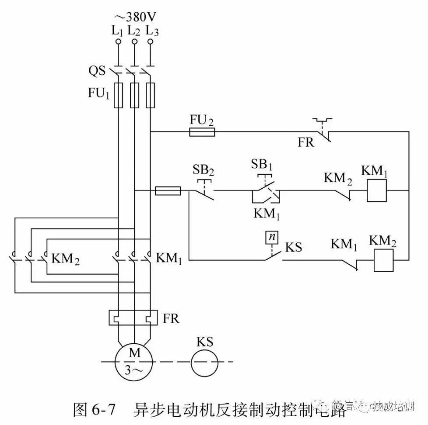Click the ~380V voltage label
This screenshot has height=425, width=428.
pyautogui.click(x=135, y=17)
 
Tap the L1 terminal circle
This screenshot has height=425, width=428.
pyautogui.click(x=118, y=42)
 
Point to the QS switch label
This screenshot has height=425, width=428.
pyautogui.click(x=97, y=70)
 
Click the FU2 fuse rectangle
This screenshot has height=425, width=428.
pyautogui.click(x=202, y=132)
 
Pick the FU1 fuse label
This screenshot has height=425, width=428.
pyautogui.click(x=99, y=94)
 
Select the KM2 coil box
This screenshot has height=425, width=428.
pyautogui.click(x=384, y=260)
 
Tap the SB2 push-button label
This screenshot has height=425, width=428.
pyautogui.click(x=202, y=170)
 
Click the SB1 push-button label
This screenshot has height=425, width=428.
pyautogui.click(x=262, y=165)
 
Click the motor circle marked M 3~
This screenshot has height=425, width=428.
pyautogui.click(x=133, y=361)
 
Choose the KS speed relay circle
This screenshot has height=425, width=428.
pyautogui.click(x=204, y=362)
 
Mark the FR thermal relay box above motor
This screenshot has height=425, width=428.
pyautogui.click(x=133, y=318)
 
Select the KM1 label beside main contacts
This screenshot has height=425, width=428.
pyautogui.click(x=169, y=258)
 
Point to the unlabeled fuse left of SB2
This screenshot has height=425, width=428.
pyautogui.click(x=168, y=190)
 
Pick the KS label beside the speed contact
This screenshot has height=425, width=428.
pyautogui.click(x=294, y=247)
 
